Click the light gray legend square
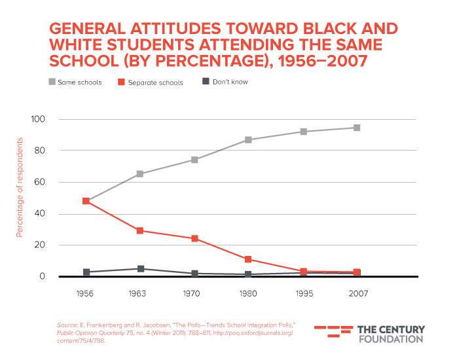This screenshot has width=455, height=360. [x=53, y=82]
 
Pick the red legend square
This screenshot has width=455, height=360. [x=121, y=82]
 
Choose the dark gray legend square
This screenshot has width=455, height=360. [x=206, y=81]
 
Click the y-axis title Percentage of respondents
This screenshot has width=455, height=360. [x=20, y=187]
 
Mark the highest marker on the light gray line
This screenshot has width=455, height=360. [x=357, y=128]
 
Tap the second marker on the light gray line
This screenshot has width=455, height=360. [x=140, y=173]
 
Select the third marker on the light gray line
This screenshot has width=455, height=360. [x=195, y=160]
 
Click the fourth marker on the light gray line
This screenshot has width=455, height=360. [x=249, y=139]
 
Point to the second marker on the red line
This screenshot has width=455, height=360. [x=140, y=230]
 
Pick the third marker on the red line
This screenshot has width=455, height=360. [x=195, y=239]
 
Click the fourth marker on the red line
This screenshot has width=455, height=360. [x=249, y=260]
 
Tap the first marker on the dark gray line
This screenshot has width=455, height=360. [x=86, y=272]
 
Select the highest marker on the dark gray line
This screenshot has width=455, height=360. [x=141, y=268]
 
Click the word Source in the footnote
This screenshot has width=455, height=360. [x=67, y=325]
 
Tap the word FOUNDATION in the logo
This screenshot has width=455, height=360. [x=391, y=339]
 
